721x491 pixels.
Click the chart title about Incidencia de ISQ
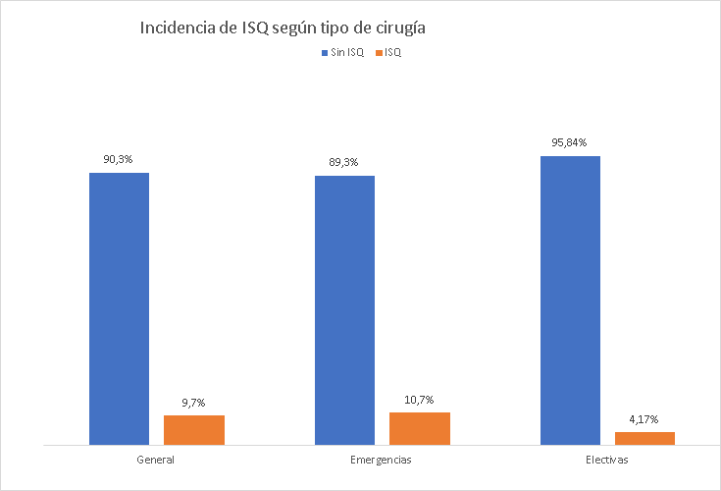coord(283,28)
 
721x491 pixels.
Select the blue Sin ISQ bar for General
coord(119,308)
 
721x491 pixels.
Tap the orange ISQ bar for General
coord(194,430)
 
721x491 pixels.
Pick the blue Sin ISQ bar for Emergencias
coord(344,310)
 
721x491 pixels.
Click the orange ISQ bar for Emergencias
coord(420,428)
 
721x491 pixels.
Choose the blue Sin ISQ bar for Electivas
coord(570,300)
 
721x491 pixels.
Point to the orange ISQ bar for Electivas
coord(645,438)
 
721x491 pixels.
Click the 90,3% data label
coord(119,158)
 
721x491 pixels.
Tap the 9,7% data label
coord(194,402)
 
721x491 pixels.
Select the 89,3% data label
coord(344,162)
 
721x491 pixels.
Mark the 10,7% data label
coord(420,399)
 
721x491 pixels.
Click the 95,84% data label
coord(570,142)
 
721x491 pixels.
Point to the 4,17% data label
coord(645,418)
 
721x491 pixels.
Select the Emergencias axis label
coord(381,460)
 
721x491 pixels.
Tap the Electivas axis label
coord(606,460)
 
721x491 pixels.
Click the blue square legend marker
coord(325,53)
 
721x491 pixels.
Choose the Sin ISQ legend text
coord(347,53)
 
